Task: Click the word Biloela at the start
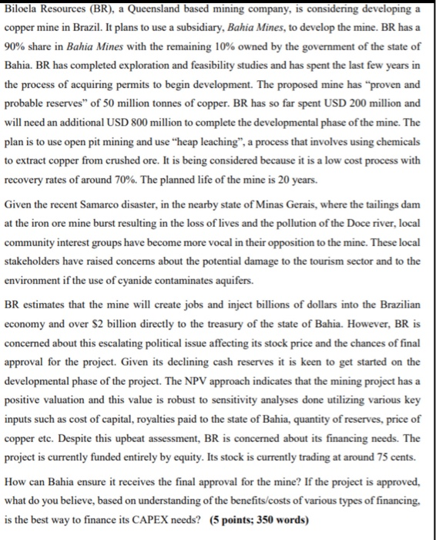pyautogui.click(x=24, y=8)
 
